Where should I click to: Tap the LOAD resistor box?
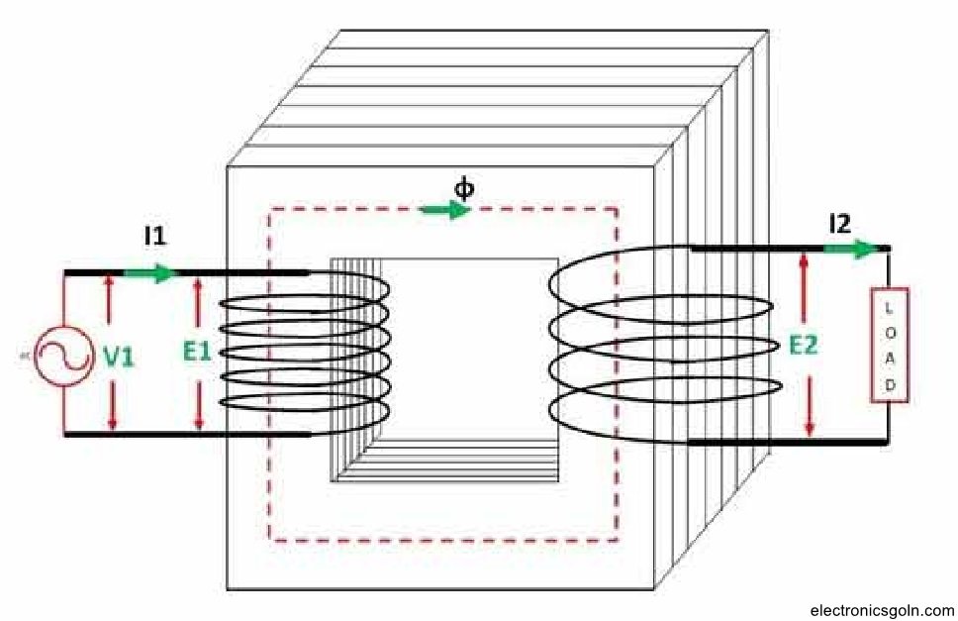[889, 345]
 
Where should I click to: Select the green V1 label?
[119, 357]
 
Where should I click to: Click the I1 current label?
[155, 237]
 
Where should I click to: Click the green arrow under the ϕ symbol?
[445, 210]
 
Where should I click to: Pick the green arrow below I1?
[148, 272]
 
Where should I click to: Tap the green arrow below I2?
[853, 249]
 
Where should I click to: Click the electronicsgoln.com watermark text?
[881, 610]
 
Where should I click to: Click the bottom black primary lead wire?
[188, 434]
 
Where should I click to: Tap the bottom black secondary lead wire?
[787, 443]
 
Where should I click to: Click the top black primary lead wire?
[238, 272]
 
